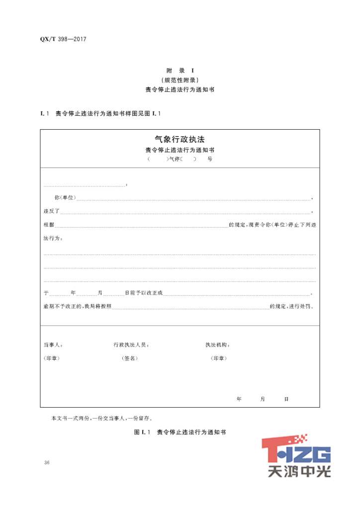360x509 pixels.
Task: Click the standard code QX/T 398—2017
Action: [63, 39]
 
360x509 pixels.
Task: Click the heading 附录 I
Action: [180, 71]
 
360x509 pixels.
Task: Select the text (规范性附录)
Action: [180, 80]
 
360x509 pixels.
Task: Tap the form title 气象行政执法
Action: [180, 140]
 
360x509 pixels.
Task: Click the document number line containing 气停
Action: [180, 159]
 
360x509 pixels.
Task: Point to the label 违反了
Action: [52, 211]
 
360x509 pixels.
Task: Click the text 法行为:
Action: [53, 238]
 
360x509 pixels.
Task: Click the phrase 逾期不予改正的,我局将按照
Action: [78, 306]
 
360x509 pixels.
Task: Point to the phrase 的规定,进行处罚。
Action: [292, 306]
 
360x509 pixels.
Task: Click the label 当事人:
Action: [53, 345]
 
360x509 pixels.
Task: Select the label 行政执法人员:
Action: [131, 345]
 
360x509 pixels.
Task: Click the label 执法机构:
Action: [217, 345]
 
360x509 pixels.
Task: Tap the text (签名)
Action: [129, 358]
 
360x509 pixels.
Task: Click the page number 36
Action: [47, 463]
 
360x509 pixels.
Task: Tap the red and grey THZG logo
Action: [296, 454]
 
